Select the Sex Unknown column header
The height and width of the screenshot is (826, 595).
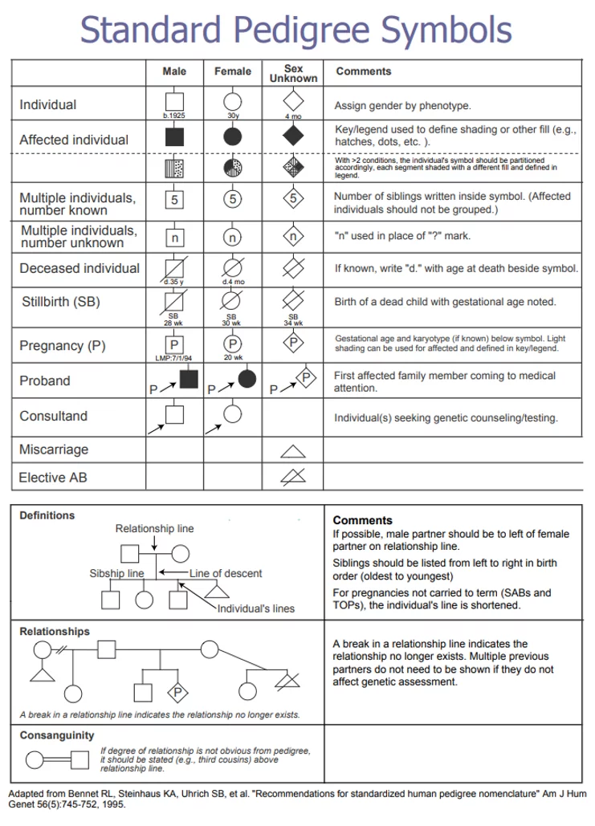(293, 73)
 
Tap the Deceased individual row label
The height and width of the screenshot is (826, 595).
(79, 268)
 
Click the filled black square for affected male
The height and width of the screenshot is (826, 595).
(174, 136)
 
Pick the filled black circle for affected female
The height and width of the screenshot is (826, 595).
(232, 136)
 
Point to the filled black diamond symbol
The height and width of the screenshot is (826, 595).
(293, 136)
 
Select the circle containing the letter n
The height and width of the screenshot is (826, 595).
(232, 238)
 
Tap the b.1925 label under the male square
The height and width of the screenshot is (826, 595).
(174, 116)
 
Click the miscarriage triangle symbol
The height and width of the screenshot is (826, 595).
(293, 450)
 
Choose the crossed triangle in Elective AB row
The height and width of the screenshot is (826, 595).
(293, 477)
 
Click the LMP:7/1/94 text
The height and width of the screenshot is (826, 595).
(174, 357)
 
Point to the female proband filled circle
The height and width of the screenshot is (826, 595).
(247, 378)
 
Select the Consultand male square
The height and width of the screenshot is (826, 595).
(174, 415)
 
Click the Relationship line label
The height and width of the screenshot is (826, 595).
(154, 528)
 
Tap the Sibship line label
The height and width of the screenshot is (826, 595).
(116, 573)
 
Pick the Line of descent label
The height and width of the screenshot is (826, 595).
(226, 573)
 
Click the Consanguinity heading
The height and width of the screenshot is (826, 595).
(57, 735)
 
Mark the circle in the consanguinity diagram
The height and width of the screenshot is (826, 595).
(35, 759)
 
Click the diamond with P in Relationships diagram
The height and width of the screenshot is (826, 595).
(177, 691)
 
